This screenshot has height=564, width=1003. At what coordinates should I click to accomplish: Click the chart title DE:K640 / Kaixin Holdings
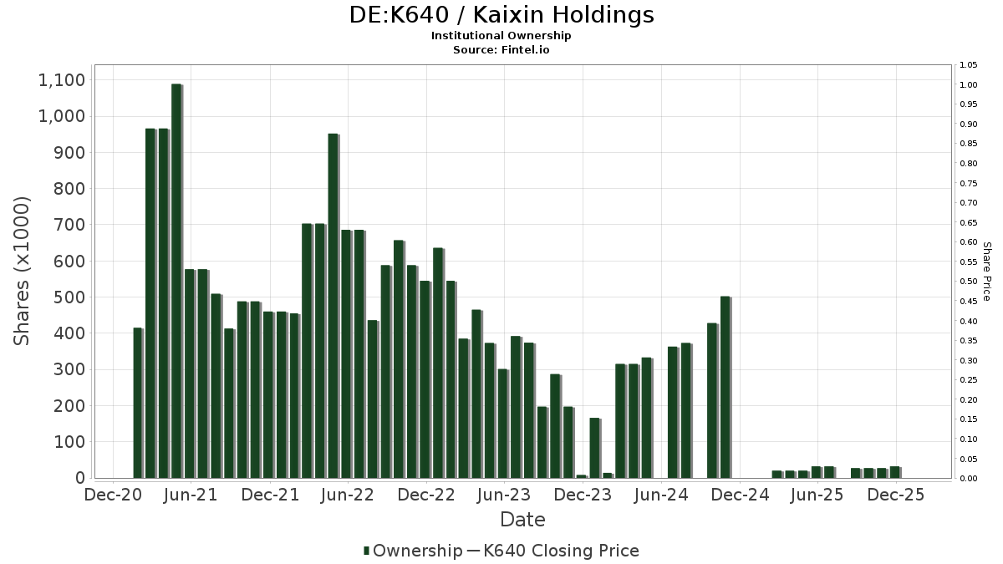pyautogui.click(x=501, y=15)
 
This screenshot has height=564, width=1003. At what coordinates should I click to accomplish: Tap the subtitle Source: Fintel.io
pyautogui.click(x=501, y=49)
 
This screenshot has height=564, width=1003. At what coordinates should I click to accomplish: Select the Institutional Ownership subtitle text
pyautogui.click(x=501, y=35)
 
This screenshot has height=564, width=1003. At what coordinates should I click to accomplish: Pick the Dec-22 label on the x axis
pyautogui.click(x=426, y=495)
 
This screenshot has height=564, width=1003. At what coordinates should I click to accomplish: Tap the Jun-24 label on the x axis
pyautogui.click(x=661, y=495)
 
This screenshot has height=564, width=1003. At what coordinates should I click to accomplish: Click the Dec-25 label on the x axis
pyautogui.click(x=896, y=495)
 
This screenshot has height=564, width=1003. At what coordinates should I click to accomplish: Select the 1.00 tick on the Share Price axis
pyautogui.click(x=969, y=85)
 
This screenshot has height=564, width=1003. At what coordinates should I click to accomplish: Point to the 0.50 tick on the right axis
pyautogui.click(x=969, y=282)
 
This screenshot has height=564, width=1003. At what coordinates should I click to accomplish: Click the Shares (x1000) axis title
pyautogui.click(x=23, y=271)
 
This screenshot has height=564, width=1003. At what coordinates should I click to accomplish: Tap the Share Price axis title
pyautogui.click(x=986, y=271)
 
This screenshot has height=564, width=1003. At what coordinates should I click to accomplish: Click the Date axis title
pyautogui.click(x=522, y=520)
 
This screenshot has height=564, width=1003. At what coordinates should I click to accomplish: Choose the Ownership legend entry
pyautogui.click(x=413, y=551)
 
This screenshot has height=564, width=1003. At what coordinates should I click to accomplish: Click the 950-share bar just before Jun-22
pyautogui.click(x=333, y=306)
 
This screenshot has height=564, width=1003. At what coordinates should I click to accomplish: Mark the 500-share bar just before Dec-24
pyautogui.click(x=725, y=387)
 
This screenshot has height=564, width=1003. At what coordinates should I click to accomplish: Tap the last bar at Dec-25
pyautogui.click(x=894, y=472)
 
